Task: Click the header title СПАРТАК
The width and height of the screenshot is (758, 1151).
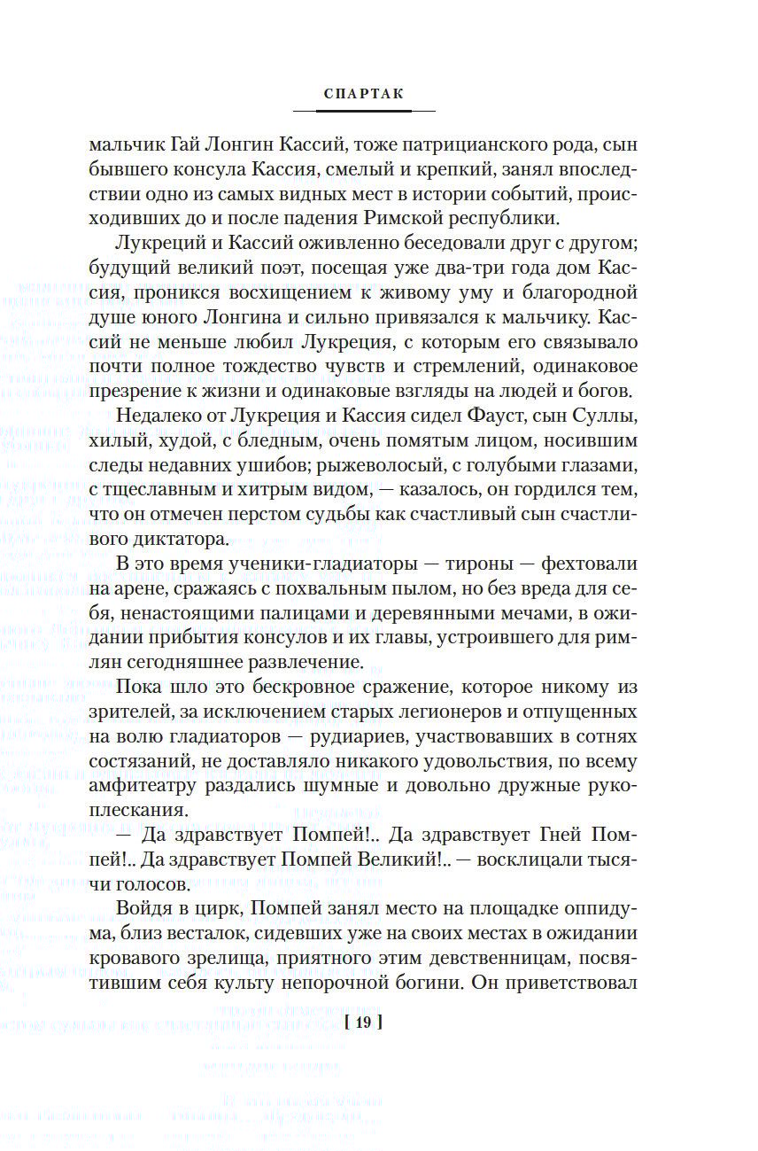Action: (x=363, y=94)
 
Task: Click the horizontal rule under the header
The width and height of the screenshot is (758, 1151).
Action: (x=363, y=111)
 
